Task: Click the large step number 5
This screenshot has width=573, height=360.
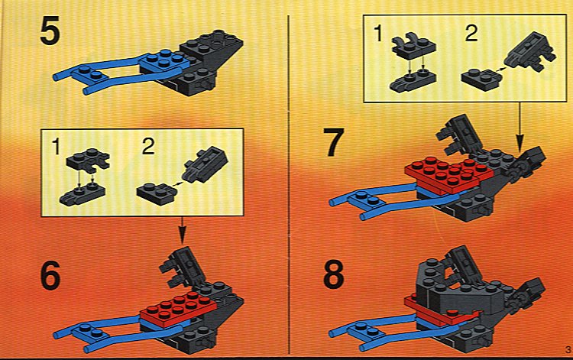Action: [50, 32]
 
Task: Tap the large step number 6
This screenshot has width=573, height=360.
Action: [50, 276]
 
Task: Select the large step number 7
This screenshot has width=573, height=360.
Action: [334, 142]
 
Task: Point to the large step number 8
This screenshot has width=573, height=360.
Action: [334, 275]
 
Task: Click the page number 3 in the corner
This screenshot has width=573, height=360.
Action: [568, 349]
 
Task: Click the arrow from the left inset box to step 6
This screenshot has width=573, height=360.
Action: [183, 230]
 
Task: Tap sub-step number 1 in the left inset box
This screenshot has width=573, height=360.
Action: [56, 148]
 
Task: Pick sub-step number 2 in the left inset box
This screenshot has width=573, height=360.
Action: [148, 147]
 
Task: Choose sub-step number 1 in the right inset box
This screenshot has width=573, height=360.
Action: [379, 34]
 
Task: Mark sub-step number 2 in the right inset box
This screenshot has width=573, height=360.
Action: [471, 34]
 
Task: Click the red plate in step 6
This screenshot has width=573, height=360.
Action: [178, 308]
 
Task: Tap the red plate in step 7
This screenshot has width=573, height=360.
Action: [448, 174]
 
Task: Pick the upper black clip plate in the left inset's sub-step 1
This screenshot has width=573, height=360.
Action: [88, 159]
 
